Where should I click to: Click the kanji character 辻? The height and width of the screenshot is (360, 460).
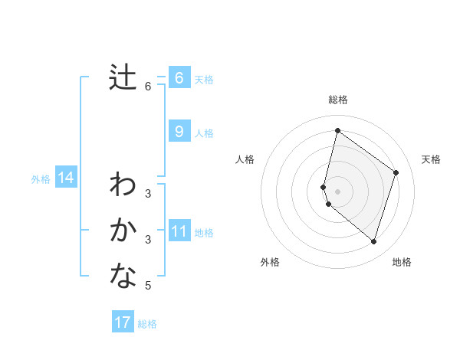(123, 77)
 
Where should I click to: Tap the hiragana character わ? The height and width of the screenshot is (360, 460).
(123, 185)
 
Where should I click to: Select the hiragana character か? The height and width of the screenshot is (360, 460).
(123, 231)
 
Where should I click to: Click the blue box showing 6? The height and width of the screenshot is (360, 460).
(179, 78)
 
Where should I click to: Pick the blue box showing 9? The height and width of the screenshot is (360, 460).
(179, 132)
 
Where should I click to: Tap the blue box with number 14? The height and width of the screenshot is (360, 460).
(65, 178)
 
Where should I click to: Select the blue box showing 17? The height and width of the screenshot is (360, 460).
(123, 322)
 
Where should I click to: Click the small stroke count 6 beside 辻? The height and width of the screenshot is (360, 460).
(148, 87)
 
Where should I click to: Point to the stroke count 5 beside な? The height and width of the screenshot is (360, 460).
(148, 286)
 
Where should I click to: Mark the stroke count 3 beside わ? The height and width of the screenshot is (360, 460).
(148, 194)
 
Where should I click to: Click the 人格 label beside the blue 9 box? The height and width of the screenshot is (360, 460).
(204, 133)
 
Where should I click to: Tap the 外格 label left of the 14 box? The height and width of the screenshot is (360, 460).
(41, 179)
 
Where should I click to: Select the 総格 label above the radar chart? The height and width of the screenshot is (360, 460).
(338, 100)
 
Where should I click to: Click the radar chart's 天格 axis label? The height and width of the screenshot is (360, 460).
(432, 159)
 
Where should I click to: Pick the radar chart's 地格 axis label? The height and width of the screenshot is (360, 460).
(402, 262)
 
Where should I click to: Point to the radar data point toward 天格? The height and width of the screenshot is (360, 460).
(396, 172)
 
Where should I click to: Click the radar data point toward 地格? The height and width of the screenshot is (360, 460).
(373, 242)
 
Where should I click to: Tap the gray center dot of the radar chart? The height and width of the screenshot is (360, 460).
(338, 191)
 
